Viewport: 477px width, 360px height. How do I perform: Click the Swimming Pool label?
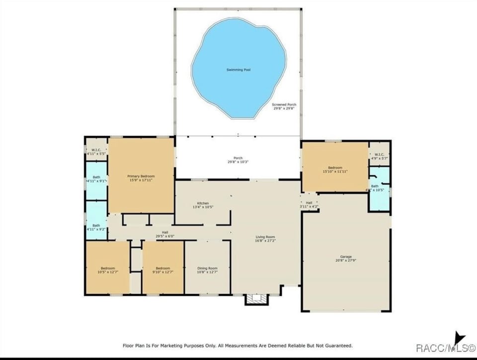[238, 70]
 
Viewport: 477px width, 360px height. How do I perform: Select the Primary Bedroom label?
[141, 178]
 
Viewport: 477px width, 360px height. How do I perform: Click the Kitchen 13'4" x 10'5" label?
[203, 205]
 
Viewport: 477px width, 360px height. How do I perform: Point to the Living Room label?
[265, 239]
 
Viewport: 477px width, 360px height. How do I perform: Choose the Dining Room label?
[208, 270]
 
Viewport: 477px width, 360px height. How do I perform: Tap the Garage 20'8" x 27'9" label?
[346, 259]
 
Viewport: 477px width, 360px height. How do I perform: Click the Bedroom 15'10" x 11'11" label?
[335, 170]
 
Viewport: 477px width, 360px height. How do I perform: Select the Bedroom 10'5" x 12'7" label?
[108, 270]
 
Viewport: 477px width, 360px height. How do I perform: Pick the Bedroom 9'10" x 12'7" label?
[163, 270]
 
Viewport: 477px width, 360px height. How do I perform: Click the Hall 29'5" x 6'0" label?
[165, 234]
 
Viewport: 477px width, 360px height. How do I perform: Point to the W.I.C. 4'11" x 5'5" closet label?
[96, 152]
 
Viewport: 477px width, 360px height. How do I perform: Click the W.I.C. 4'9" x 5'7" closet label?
[379, 156]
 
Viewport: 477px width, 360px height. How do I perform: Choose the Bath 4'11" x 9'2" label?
[96, 227]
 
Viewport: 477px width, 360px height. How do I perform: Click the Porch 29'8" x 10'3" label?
[238, 160]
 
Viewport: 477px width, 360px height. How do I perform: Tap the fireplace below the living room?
[256, 299]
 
